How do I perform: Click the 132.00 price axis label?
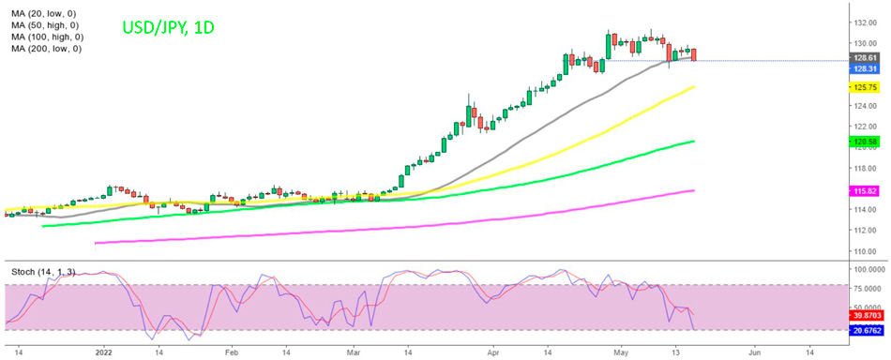(x=864, y=22)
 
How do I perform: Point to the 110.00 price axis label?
(x=864, y=250)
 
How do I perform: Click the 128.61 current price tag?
(x=863, y=57)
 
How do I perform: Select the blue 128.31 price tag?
(x=863, y=68)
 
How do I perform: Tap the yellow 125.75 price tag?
(x=863, y=87)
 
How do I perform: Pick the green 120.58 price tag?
(x=863, y=142)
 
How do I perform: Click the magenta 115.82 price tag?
(x=863, y=190)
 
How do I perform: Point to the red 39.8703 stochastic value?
(x=866, y=318)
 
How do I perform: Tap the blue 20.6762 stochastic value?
(x=866, y=330)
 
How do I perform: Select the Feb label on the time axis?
(x=231, y=352)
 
